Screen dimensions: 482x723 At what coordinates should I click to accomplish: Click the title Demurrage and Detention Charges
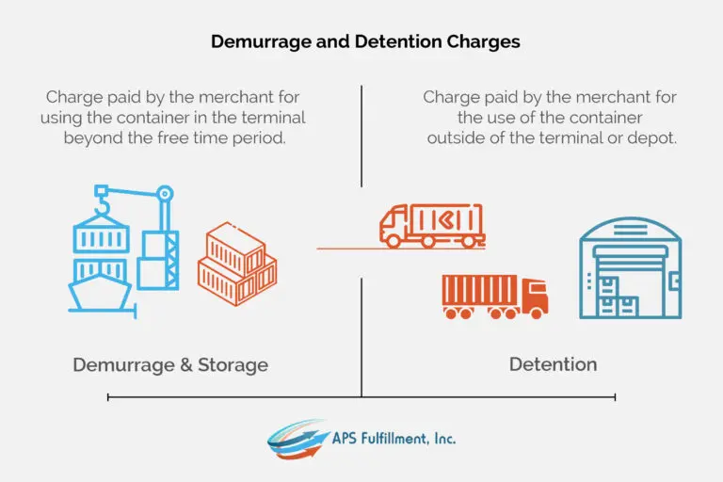tap(365, 42)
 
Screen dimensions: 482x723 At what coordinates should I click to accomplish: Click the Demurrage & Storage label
tap(170, 364)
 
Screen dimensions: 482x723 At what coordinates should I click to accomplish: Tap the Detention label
tap(553, 364)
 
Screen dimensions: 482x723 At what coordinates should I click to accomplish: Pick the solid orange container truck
tap(494, 296)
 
